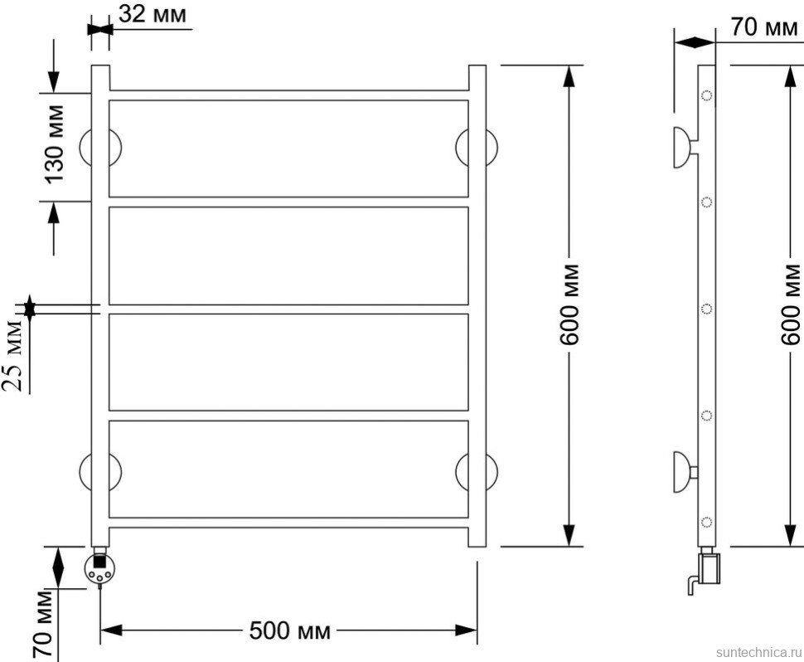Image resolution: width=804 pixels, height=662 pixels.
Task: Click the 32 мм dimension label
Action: click(153, 14)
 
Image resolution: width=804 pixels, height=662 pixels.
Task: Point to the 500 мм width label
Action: click(290, 630)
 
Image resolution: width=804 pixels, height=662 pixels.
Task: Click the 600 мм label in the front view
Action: click(569, 304)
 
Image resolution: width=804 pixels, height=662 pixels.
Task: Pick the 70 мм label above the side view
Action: click(764, 27)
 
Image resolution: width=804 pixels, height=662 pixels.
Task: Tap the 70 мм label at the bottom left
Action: click(43, 624)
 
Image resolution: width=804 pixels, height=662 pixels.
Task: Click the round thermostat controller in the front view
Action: click(99, 568)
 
